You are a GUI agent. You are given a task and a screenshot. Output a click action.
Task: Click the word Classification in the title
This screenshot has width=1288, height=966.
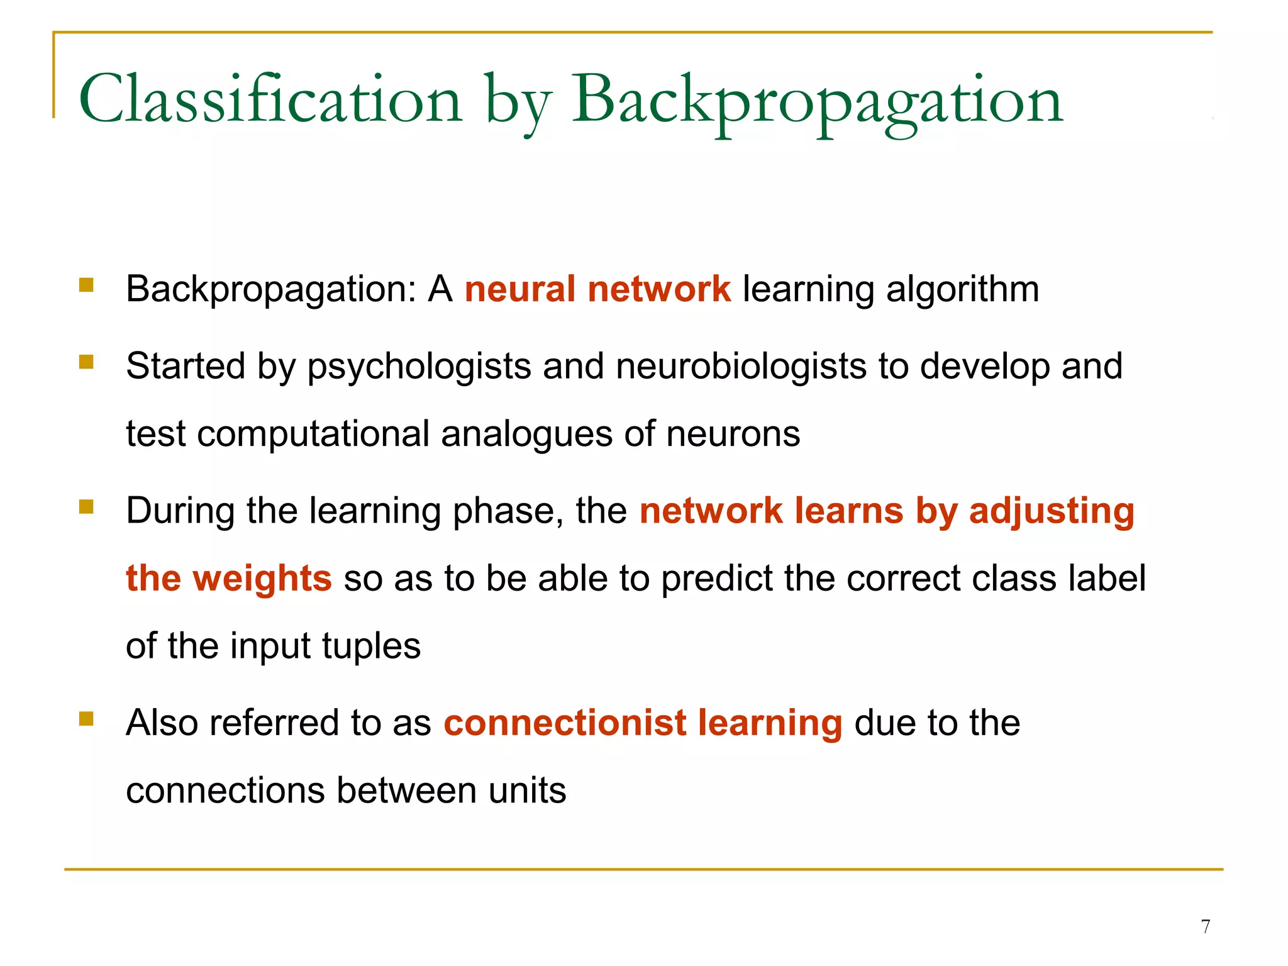[x=270, y=101]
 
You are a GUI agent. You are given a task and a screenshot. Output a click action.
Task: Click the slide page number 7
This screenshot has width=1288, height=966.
[x=1205, y=926]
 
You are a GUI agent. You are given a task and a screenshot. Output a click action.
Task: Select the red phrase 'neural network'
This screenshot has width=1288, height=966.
[x=597, y=289]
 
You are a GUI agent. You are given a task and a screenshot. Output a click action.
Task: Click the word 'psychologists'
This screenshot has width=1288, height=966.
[x=419, y=367]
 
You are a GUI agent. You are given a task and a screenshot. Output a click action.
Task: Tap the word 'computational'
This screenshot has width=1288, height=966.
[x=313, y=435]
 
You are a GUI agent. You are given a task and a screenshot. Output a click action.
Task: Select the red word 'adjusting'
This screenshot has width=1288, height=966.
[x=1052, y=511]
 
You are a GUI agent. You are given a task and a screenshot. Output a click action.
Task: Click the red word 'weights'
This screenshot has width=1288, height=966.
[x=262, y=579]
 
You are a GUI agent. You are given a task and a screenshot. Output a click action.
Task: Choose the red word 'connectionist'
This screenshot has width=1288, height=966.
[x=565, y=723]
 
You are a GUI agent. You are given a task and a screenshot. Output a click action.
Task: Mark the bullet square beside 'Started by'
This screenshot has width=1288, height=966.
[x=86, y=362]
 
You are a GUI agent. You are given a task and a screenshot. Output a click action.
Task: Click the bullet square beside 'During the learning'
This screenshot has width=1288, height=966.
[x=86, y=506]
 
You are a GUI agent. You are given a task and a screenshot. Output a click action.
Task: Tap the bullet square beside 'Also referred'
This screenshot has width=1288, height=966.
[x=86, y=718]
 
